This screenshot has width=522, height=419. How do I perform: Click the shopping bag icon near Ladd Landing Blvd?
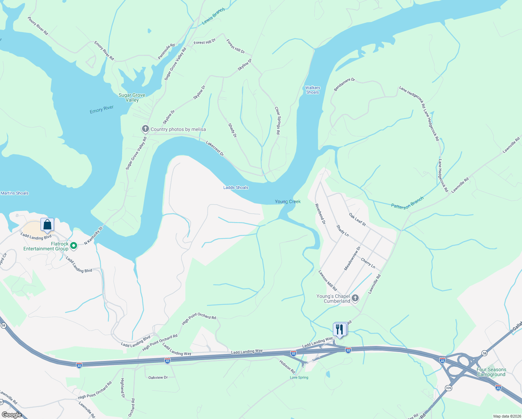(x=47, y=225)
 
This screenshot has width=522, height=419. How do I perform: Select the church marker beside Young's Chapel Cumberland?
(x=355, y=298)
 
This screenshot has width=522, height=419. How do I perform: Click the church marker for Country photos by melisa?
(x=145, y=129)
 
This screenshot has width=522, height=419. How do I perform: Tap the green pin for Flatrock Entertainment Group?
(x=74, y=246)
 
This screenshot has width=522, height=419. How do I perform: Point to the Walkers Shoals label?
(x=312, y=90)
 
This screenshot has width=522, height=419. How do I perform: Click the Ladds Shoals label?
(x=236, y=188)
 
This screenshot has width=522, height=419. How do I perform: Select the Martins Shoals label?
(x=15, y=193)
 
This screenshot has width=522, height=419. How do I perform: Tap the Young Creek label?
(x=288, y=201)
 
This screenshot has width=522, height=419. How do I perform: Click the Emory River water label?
(x=102, y=110)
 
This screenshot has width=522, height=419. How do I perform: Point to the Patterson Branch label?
(x=407, y=203)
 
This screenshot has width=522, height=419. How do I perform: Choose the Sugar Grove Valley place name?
(x=132, y=97)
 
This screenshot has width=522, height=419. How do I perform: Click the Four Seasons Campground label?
(x=491, y=372)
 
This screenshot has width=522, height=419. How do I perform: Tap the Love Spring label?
(x=299, y=377)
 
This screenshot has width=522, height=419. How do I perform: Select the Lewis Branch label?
(x=213, y=16)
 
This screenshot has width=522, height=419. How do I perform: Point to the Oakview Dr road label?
(x=158, y=377)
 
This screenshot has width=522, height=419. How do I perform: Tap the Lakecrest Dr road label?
(x=215, y=148)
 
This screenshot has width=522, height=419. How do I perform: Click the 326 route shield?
(x=448, y=388)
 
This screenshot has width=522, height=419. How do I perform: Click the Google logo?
(x=12, y=415)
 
